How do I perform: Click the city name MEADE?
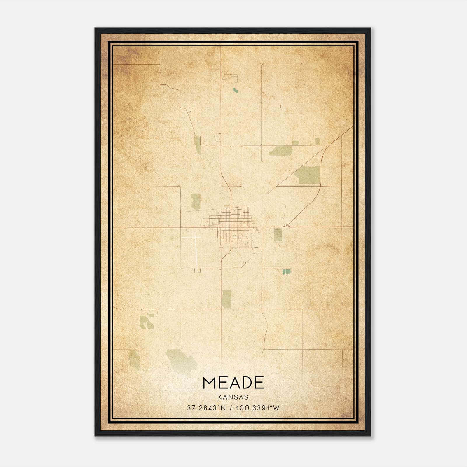click(233, 383)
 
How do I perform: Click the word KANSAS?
click(233, 397)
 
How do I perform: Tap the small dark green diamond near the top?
click(236, 90)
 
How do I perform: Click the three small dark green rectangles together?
click(287, 271)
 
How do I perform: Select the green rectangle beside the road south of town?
click(226, 299)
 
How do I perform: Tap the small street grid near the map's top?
click(230, 78)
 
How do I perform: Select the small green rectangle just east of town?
click(278, 234)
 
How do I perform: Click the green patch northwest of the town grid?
click(196, 201)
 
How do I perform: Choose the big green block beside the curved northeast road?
click(308, 175)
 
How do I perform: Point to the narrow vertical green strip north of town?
click(198, 145)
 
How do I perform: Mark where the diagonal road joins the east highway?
click(288, 226)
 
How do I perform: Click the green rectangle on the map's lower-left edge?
click(135, 360)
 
